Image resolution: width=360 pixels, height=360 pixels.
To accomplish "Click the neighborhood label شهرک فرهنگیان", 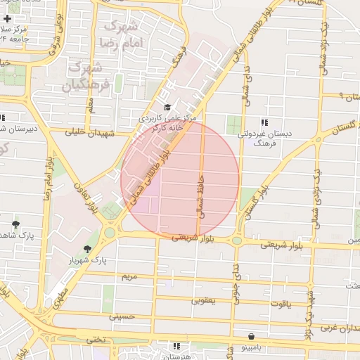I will pos(86,77).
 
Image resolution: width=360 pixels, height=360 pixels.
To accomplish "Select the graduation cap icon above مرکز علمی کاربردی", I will pos(167,107).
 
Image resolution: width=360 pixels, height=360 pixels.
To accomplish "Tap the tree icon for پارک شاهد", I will pos(15,224).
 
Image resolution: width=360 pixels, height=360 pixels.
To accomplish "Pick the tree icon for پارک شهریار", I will pos(87,249).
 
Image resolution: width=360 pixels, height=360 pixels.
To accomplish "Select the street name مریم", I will pos(130,277).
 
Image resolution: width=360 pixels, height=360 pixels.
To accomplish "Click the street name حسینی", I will pos(121,317).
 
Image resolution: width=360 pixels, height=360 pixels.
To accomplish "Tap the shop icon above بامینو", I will pos(251,336).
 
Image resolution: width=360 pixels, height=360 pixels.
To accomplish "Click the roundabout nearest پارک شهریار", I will pos(110,231).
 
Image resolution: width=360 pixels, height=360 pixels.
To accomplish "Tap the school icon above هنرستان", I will pos(176,346).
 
